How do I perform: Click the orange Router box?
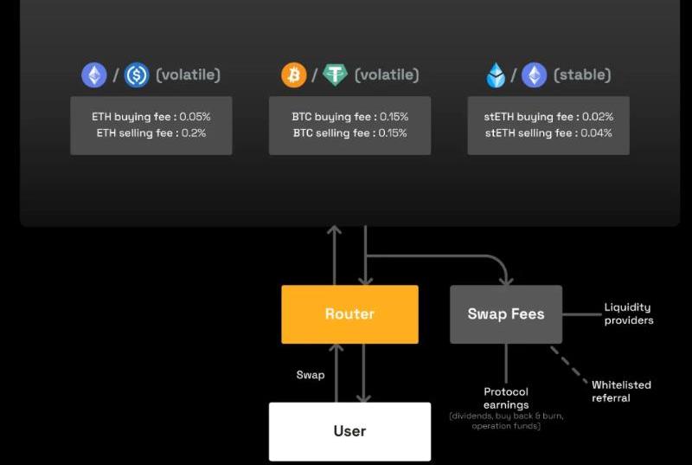tap(349, 313)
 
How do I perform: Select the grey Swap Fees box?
tap(506, 313)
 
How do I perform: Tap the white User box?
tap(349, 430)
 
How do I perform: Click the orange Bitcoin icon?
tap(294, 75)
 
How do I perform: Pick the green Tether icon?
tap(335, 75)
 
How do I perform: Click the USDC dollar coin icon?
tap(137, 75)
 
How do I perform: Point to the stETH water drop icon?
tap(496, 75)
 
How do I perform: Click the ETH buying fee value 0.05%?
tap(195, 116)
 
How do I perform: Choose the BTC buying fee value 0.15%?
tap(393, 116)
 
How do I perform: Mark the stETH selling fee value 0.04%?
tap(596, 133)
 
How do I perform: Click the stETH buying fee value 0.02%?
tap(596, 116)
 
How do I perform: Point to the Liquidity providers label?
tap(628, 313)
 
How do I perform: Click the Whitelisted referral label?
tap(621, 391)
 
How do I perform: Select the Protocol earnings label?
tap(506, 398)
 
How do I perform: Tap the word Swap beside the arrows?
tap(311, 375)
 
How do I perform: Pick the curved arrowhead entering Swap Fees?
tap(506, 280)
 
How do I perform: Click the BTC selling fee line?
tap(349, 133)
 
